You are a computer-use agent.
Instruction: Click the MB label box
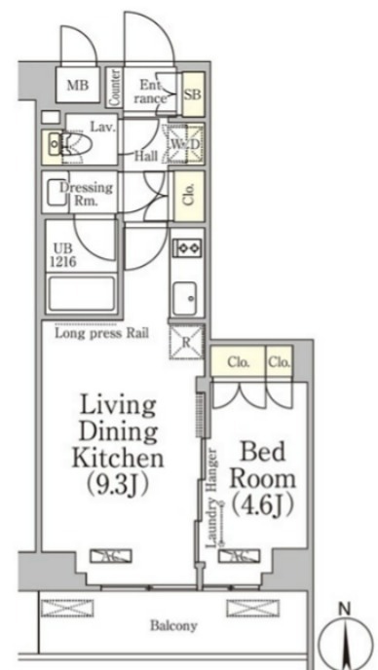point(78,85)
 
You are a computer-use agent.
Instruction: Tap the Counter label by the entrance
point(115,88)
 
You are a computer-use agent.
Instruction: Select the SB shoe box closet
point(193,94)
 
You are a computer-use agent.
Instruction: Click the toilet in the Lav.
point(76,144)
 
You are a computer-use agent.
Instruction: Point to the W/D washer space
point(185,144)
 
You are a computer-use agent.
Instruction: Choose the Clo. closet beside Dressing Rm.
point(189,196)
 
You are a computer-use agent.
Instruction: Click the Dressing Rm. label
point(87,194)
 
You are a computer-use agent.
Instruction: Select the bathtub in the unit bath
point(81,293)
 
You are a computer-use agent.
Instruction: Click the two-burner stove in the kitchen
point(187,247)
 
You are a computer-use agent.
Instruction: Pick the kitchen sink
point(185,298)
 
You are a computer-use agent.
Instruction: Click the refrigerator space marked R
point(187,342)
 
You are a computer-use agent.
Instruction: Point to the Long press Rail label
point(101,333)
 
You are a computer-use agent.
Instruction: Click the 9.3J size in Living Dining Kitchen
point(118,484)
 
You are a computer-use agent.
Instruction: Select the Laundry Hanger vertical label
point(212,498)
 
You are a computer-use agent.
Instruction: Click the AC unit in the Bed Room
point(239,555)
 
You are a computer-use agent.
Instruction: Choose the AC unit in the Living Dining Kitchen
point(111,556)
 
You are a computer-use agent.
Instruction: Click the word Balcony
point(173,626)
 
